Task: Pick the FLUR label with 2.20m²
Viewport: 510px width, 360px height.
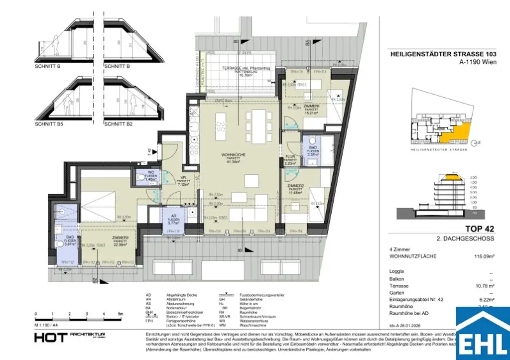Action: [x=290, y=156]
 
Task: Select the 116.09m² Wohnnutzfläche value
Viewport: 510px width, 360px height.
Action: [x=481, y=256]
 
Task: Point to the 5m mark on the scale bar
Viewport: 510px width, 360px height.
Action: [x=120, y=315]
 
